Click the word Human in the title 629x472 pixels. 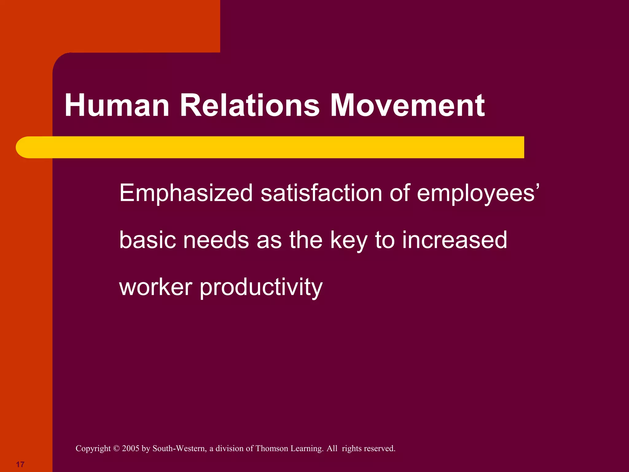click(x=117, y=105)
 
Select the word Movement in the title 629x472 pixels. click(x=407, y=105)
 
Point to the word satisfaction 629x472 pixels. click(x=321, y=193)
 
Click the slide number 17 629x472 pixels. click(x=20, y=464)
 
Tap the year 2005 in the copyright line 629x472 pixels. click(x=131, y=448)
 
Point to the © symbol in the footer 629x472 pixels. click(x=116, y=449)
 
